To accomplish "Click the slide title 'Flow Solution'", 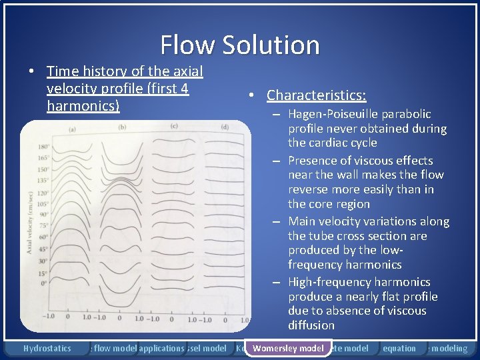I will click(240, 45).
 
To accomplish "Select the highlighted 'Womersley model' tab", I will click(288, 348).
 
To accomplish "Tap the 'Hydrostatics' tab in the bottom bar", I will click(47, 348).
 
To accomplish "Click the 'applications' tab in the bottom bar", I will click(161, 348).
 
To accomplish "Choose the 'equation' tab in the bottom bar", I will click(399, 348).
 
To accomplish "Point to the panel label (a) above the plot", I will click(71, 129).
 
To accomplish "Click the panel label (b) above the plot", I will click(123, 127).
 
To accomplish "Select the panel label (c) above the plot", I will click(174, 126).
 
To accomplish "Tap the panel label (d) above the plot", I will click(225, 127).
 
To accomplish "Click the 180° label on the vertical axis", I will click(44, 147).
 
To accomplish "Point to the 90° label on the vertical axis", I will click(44, 215).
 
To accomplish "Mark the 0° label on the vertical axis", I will click(45, 283).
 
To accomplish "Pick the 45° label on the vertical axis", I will click(44, 249).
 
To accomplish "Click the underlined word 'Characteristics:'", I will click(316, 95).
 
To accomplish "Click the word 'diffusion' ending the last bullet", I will click(311, 325).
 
